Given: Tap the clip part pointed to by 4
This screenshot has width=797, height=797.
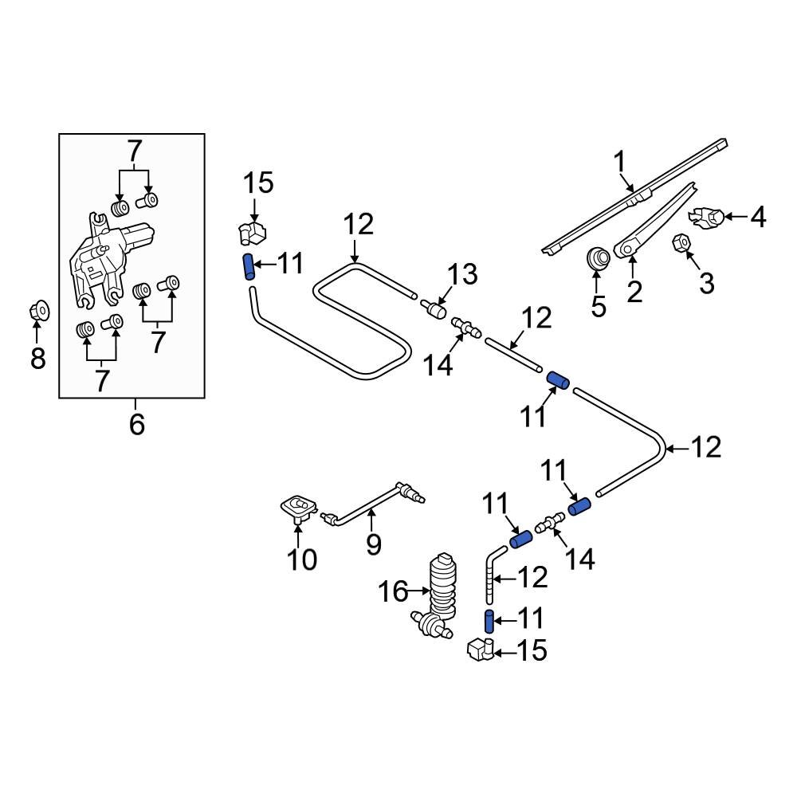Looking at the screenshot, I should [708, 215].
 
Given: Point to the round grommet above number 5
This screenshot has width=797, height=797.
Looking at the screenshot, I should [598, 258].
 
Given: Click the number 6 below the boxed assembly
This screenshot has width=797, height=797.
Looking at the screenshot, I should [136, 424].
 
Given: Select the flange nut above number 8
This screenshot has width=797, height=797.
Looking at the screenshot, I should [37, 309].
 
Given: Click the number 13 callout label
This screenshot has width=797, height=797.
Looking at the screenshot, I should [461, 275].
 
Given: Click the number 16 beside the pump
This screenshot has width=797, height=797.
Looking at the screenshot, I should [393, 591].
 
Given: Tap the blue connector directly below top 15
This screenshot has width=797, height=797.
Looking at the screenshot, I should [249, 265].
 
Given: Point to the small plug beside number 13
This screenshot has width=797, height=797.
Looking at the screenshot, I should [436, 308].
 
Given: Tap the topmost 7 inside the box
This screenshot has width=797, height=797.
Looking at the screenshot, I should [134, 151].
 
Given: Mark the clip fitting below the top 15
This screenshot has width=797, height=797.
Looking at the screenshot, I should [252, 233].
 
